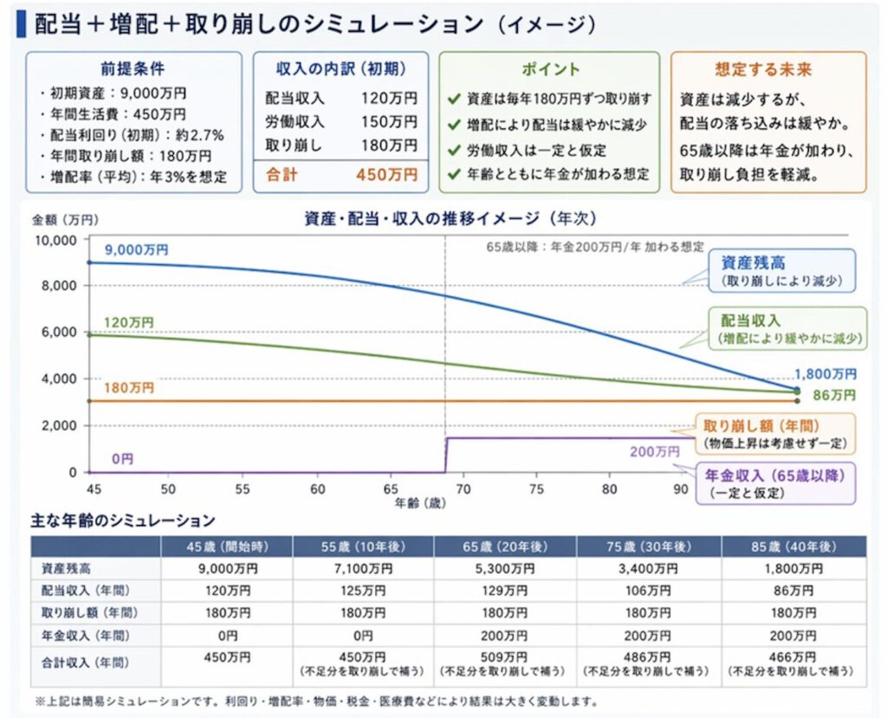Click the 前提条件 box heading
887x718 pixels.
click(133, 69)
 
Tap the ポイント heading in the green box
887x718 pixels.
click(550, 69)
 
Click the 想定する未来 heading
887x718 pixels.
click(768, 69)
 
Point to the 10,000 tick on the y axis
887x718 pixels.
click(55, 239)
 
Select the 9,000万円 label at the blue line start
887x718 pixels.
click(136, 249)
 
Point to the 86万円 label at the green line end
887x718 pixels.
click(833, 395)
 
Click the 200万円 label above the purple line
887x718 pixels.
click(654, 451)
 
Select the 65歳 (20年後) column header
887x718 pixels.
click(504, 547)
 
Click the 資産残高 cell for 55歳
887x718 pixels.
click(363, 569)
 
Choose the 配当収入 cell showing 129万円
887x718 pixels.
click(504, 591)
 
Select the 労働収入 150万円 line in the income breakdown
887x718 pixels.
click(340, 122)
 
